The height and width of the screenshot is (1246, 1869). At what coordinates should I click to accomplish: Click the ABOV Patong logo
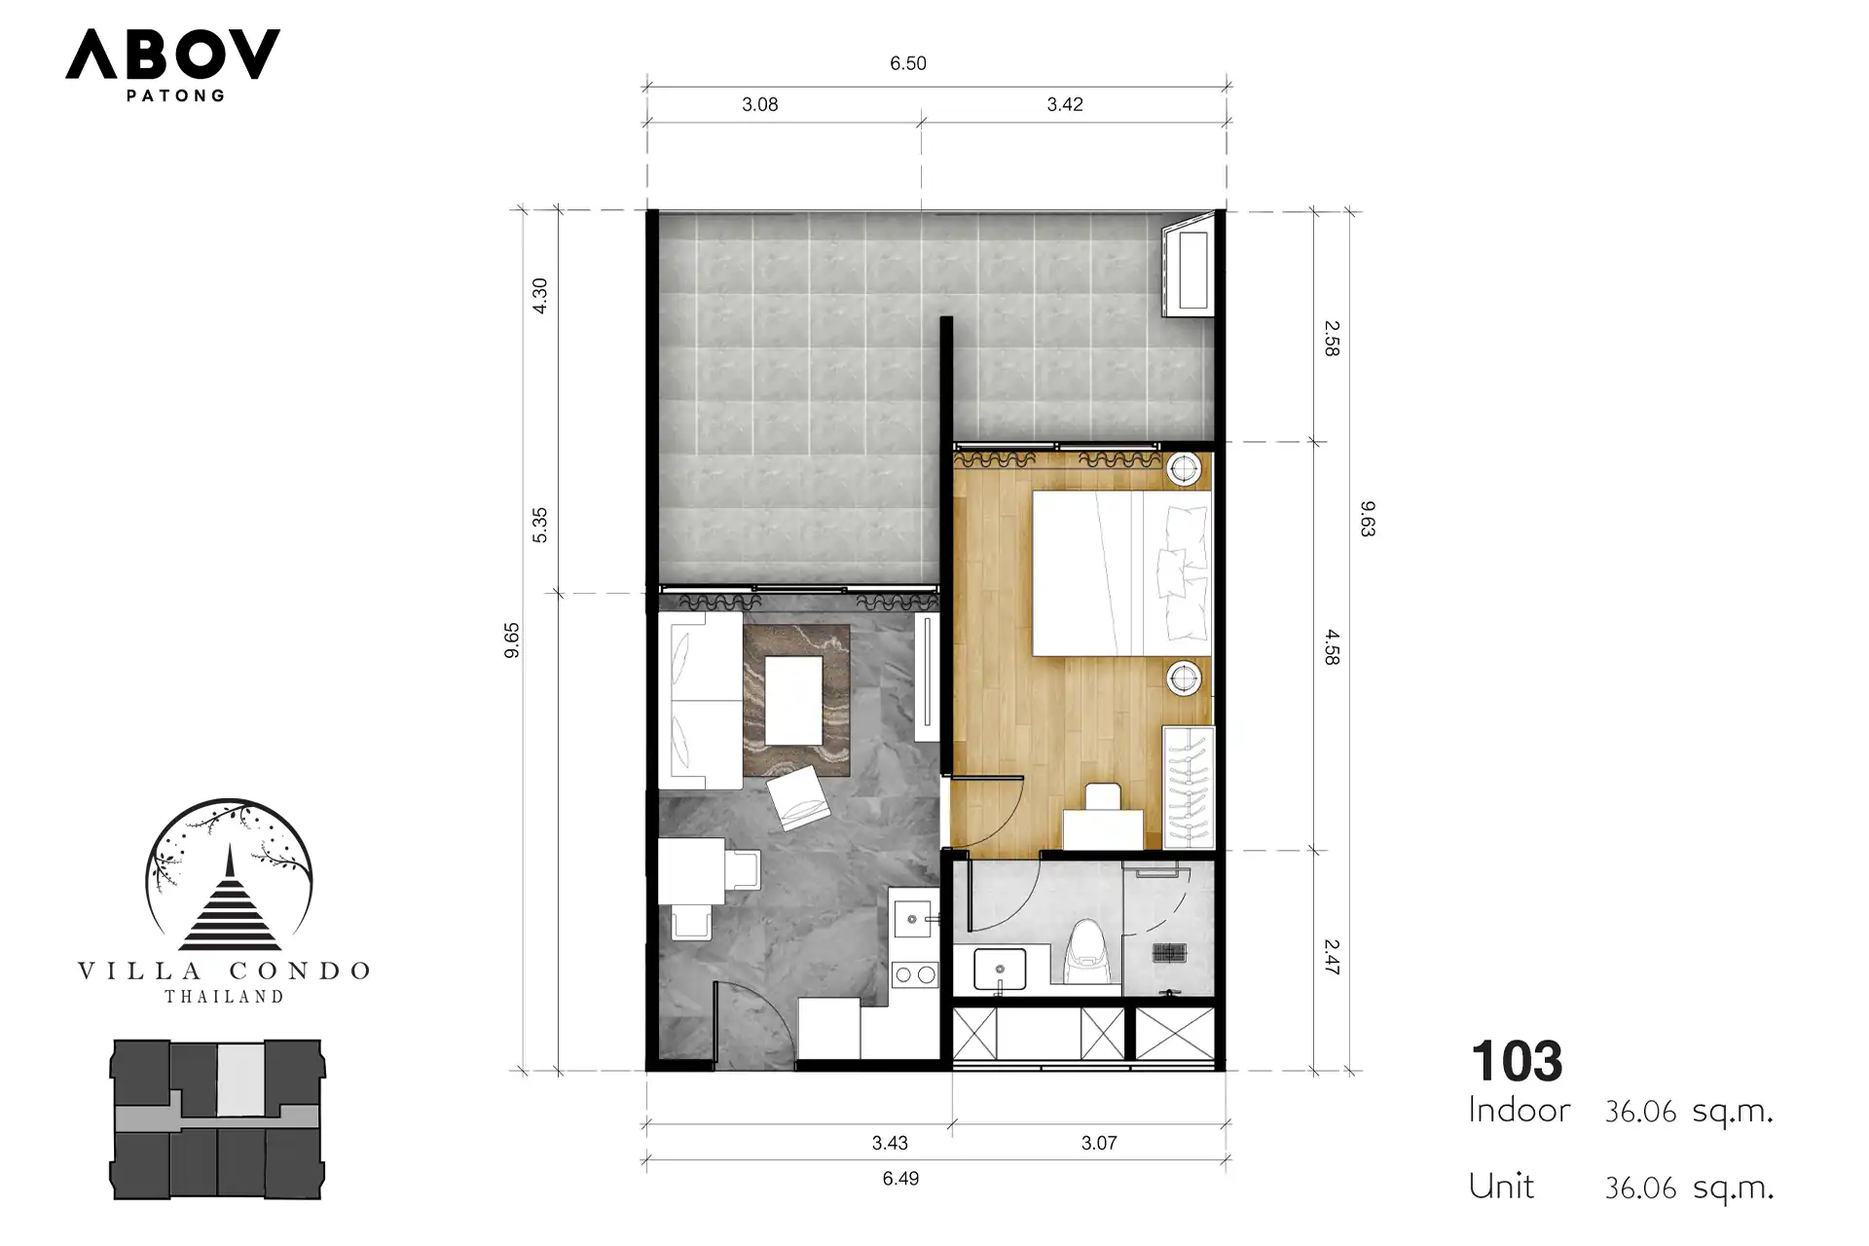(172, 64)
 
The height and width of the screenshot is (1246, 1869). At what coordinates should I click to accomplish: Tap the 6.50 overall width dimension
(907, 64)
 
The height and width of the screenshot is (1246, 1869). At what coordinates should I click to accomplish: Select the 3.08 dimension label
(759, 105)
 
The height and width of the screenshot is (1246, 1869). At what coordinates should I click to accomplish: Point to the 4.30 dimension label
(540, 295)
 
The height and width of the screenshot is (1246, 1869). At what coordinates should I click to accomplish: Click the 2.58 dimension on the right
(1332, 339)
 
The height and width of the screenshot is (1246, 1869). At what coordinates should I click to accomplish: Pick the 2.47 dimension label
(1332, 957)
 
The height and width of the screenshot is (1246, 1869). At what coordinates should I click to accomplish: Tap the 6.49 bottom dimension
(900, 1179)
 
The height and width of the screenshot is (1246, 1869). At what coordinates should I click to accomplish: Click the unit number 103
(1517, 1061)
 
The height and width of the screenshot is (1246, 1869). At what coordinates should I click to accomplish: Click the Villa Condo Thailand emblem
(225, 901)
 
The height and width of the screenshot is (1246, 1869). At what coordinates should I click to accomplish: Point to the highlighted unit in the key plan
(239, 1080)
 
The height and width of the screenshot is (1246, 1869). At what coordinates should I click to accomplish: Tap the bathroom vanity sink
(1000, 969)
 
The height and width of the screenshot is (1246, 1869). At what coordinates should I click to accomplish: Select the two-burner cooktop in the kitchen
(914, 973)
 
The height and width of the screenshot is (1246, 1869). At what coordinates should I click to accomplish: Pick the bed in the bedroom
(1121, 572)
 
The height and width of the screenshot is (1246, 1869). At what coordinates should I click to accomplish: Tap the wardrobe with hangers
(1189, 787)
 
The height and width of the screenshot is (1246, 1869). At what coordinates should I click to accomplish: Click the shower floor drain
(1168, 952)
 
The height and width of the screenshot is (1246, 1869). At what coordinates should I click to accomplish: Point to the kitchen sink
(914, 918)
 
